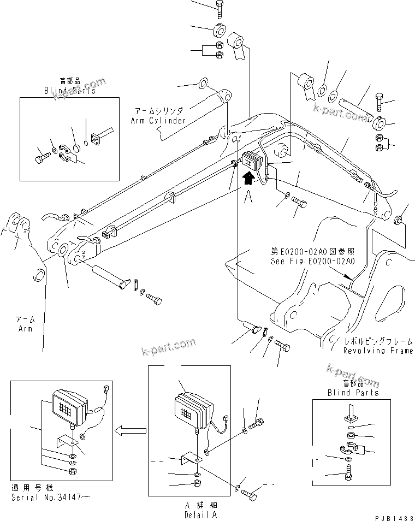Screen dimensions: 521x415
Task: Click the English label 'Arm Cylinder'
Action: pyautogui.click(x=158, y=120)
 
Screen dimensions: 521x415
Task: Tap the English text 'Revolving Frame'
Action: pyautogui.click(x=378, y=351)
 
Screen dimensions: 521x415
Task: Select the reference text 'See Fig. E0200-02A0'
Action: pyautogui.click(x=313, y=261)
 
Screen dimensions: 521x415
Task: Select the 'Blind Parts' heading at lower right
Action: pyautogui.click(x=353, y=393)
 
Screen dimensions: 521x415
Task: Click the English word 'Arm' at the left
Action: pyautogui.click(x=24, y=329)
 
